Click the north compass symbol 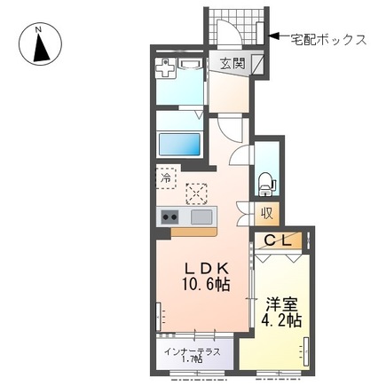point(39,45)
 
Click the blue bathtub point(180,143)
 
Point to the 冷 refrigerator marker point(165,177)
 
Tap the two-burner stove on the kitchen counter point(170,217)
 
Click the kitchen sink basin point(201,217)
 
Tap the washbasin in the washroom point(189,64)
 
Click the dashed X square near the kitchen point(195,192)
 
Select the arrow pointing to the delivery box point(276,36)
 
